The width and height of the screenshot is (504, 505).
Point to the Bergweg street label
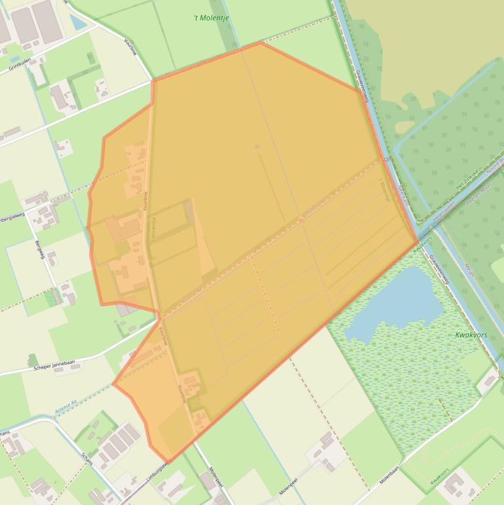(x=39, y=250)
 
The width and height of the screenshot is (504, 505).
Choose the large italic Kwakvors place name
(x=471, y=335)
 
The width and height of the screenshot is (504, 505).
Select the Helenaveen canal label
(x=444, y=209)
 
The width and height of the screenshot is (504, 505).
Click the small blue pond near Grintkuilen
(x=78, y=23)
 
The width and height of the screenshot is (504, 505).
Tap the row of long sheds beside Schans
(x=119, y=442)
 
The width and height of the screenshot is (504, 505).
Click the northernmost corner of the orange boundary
(x=261, y=43)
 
